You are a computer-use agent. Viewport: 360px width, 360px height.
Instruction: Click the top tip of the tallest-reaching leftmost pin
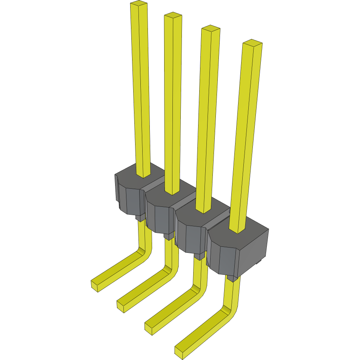(x=138, y=4)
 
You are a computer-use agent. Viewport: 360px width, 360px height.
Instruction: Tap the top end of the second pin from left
(x=173, y=15)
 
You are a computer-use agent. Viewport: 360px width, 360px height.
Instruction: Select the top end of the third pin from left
(x=211, y=28)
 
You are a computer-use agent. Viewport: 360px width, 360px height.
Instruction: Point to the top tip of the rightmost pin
(x=252, y=42)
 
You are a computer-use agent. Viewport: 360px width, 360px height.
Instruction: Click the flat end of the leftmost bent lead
(x=95, y=286)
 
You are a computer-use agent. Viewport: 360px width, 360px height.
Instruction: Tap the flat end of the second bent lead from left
(x=121, y=306)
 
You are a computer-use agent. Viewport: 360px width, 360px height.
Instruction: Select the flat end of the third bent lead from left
(x=148, y=329)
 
